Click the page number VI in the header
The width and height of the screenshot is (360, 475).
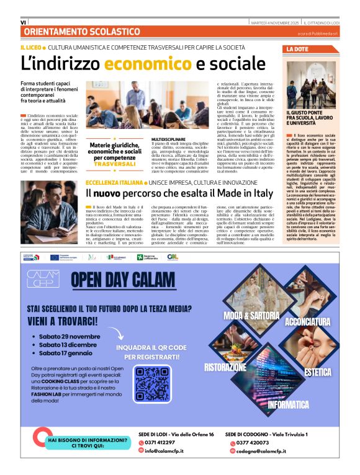click(x=24, y=22)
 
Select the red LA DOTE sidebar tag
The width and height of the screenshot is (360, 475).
click(x=297, y=49)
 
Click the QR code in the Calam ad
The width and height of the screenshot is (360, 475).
click(x=152, y=384)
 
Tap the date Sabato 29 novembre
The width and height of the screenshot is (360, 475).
click(x=70, y=337)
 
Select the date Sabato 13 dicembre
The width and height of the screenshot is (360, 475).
click(x=69, y=345)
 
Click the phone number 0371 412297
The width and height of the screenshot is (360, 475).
click(x=161, y=442)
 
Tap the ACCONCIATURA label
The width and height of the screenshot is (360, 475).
click(x=308, y=322)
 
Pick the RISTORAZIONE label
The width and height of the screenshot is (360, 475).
click(x=226, y=367)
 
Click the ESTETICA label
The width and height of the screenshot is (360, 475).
click(x=318, y=372)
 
